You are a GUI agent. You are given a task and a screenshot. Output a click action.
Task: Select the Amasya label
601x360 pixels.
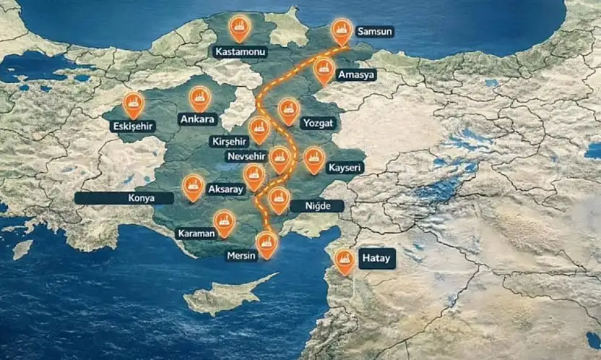pyautogui.click(x=359, y=75)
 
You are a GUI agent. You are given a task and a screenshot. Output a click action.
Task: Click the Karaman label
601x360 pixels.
pyautogui.click(x=193, y=233)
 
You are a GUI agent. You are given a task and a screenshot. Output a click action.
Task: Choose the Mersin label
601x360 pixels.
pyautogui.click(x=242, y=256)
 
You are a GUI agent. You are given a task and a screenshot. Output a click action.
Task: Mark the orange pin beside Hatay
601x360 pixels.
pyautogui.click(x=345, y=261)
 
